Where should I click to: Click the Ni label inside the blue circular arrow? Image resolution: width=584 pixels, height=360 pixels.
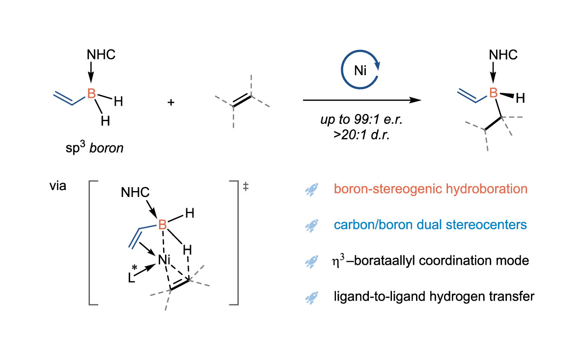click(x=360, y=70)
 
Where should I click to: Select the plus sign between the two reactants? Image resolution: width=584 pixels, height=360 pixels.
click(x=171, y=102)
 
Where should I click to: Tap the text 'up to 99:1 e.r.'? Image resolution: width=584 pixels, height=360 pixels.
click(x=362, y=119)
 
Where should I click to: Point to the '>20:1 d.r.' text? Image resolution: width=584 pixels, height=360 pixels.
click(x=362, y=135)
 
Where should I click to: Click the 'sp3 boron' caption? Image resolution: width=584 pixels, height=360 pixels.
click(x=94, y=147)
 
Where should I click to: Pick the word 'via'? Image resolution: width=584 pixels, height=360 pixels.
click(x=58, y=185)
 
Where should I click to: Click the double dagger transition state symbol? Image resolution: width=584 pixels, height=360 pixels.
click(x=246, y=186)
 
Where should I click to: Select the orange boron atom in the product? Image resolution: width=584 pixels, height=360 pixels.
click(x=494, y=93)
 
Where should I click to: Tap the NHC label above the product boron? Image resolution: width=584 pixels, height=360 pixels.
click(x=503, y=55)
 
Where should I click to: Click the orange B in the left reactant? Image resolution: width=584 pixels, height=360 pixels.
click(x=91, y=93)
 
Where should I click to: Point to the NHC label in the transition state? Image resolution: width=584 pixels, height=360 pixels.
click(x=135, y=192)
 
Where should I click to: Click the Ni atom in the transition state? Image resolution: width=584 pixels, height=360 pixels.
click(x=164, y=259)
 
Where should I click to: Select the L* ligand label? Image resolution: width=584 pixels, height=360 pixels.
click(x=132, y=275)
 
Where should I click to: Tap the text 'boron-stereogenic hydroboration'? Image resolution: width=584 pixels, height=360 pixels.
click(x=431, y=189)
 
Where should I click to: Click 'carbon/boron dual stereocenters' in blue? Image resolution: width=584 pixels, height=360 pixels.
click(x=430, y=224)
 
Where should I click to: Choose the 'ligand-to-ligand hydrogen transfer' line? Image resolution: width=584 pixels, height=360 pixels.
click(x=434, y=296)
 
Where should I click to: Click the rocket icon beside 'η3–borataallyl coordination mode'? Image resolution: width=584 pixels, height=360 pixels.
click(x=311, y=262)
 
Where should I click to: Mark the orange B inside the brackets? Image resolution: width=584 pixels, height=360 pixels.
click(x=163, y=224)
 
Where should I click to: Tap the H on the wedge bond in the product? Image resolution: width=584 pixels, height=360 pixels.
click(x=520, y=98)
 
